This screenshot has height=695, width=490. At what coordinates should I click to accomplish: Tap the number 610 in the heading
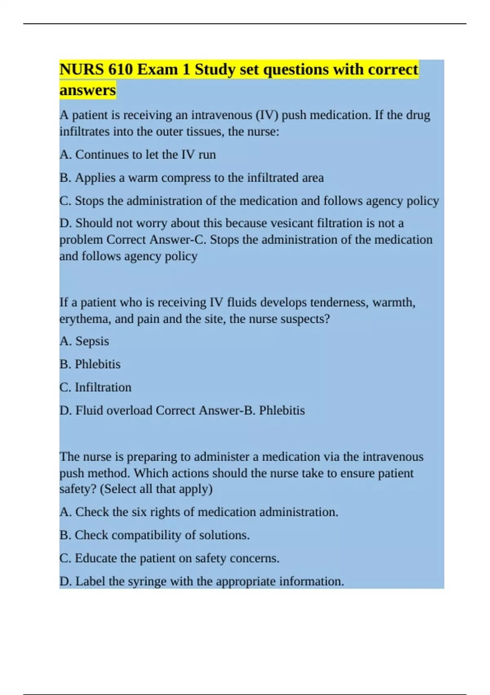pos(120,69)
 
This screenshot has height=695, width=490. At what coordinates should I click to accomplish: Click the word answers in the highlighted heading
pos(87,90)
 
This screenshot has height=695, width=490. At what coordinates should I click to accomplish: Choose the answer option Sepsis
pos(92,341)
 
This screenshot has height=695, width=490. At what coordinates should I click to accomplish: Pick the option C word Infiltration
pos(103,387)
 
